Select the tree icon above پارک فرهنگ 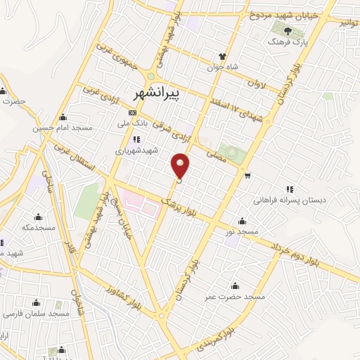(287, 30)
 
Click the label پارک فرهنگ (288, 43)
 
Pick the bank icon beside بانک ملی (131, 112)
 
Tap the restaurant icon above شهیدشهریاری (136, 139)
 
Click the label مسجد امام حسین (63, 129)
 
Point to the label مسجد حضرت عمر (237, 297)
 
